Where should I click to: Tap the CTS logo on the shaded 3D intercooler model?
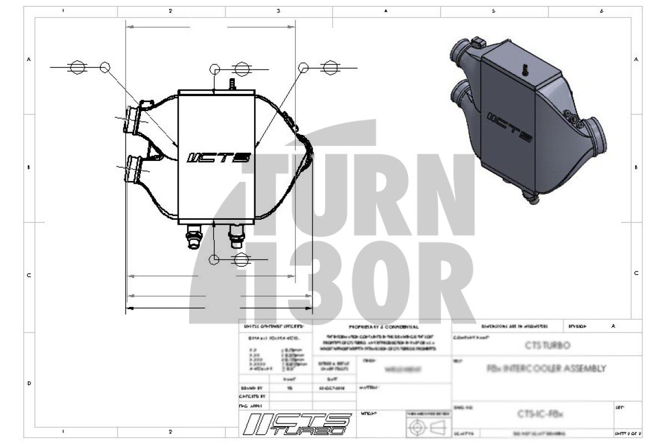click(x=510, y=127)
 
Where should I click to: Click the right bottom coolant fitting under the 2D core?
click(x=235, y=237)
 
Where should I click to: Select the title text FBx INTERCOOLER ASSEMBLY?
click(x=546, y=369)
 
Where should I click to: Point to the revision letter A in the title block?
click(x=613, y=326)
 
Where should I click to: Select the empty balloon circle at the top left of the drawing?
click(x=105, y=67)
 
